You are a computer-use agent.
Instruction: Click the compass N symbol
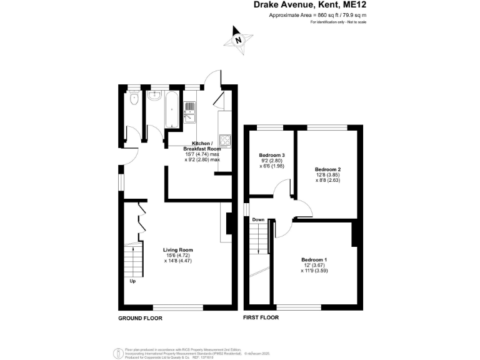pyautogui.click(x=238, y=40)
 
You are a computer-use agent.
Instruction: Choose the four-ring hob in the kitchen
pyautogui.click(x=224, y=139)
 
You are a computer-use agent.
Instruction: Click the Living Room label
pyautogui.click(x=178, y=250)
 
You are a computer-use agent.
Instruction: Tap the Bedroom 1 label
pyautogui.click(x=314, y=259)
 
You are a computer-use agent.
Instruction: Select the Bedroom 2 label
pyautogui.click(x=327, y=169)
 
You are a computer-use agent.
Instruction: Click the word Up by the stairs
pyautogui.click(x=132, y=281)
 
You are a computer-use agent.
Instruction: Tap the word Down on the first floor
pyautogui.click(x=259, y=220)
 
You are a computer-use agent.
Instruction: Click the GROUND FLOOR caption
pyautogui.click(x=140, y=318)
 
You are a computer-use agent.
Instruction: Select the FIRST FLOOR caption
pyautogui.click(x=261, y=318)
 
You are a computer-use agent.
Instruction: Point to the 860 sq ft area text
pyautogui.click(x=317, y=15)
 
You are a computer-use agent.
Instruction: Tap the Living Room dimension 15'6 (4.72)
pyautogui.click(x=178, y=256)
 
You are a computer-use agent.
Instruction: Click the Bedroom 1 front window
pyautogui.click(x=299, y=307)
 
